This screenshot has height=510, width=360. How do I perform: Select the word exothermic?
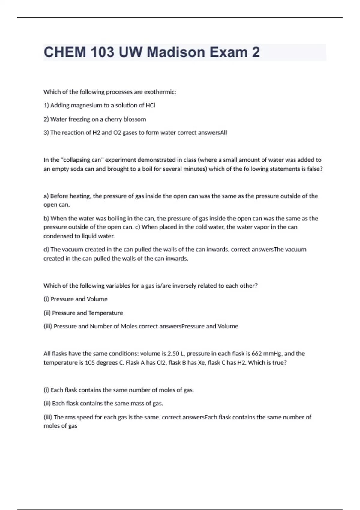160,92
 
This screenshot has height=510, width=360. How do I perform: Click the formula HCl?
150,105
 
